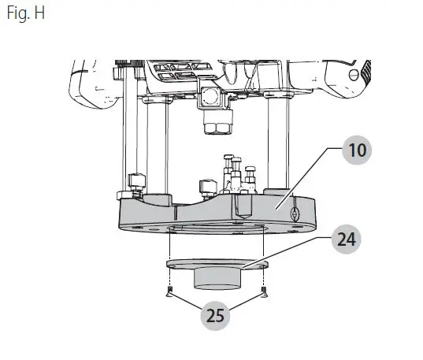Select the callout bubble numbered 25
(x=215, y=317)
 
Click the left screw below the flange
(x=169, y=293)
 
